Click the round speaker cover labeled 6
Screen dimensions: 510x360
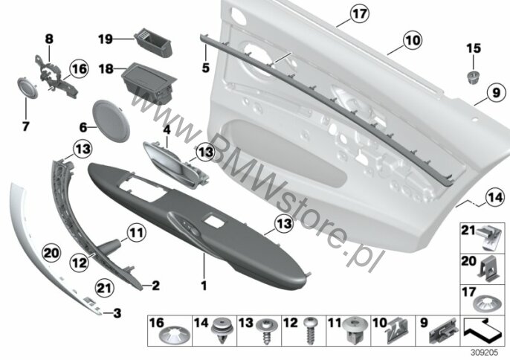pyautogui.click(x=112, y=121)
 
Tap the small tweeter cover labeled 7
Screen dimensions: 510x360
pyautogui.click(x=28, y=88)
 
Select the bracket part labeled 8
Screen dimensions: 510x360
pyautogui.click(x=56, y=76)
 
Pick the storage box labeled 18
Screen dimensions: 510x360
pyautogui.click(x=149, y=83)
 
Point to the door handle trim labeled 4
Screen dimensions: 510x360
pyautogui.click(x=175, y=165)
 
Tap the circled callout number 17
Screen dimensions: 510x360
pyautogui.click(x=360, y=13)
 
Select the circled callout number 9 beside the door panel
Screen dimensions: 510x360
pyautogui.click(x=496, y=92)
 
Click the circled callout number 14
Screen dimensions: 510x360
pyautogui.click(x=495, y=197)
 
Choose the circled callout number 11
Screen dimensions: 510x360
pyautogui.click(x=136, y=232)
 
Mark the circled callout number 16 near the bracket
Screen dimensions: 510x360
pyautogui.click(x=79, y=69)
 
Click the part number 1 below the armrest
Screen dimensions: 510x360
pyautogui.click(x=204, y=286)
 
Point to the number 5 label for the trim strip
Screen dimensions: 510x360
pyautogui.click(x=205, y=68)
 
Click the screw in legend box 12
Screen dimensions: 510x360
pyautogui.click(x=309, y=331)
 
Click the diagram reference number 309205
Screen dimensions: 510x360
pyautogui.click(x=484, y=353)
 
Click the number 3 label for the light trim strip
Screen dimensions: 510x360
pyautogui.click(x=117, y=313)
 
